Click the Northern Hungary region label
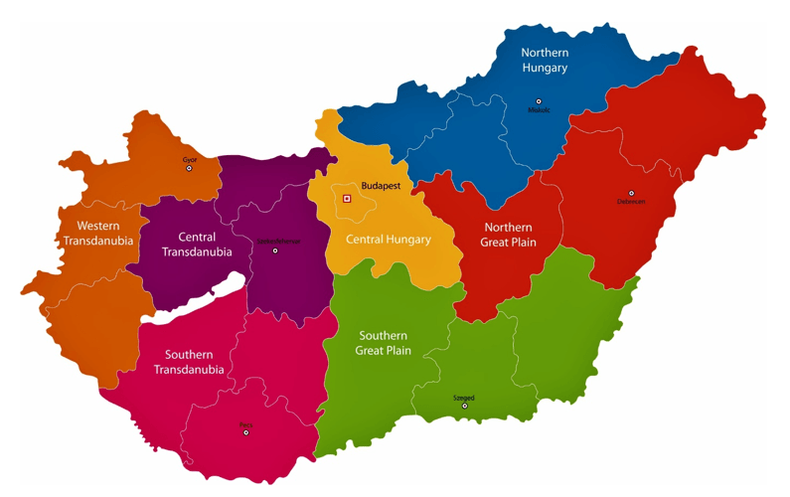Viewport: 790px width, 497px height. tap(545, 60)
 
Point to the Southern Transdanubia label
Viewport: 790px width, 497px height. tap(189, 362)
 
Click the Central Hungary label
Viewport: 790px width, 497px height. tap(388, 240)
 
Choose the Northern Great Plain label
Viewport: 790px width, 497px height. tap(508, 235)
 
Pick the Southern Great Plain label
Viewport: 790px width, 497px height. tap(384, 343)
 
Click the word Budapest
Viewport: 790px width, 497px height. tap(381, 186)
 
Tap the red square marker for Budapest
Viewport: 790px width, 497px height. tap(347, 199)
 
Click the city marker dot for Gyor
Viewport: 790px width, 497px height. tap(189, 169)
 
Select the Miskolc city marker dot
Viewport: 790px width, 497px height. tap(539, 100)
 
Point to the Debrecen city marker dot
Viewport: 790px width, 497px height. tap(631, 193)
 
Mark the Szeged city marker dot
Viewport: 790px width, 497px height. tap(464, 406)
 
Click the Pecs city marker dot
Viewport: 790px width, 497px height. tap(245, 432)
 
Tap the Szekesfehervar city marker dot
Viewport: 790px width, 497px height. tap(275, 250)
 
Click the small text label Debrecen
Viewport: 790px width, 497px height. tap(631, 202)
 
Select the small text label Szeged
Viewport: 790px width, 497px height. tap(464, 398)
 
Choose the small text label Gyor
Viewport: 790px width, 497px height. tap(190, 160)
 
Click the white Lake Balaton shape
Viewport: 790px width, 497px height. tap(199, 298)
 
